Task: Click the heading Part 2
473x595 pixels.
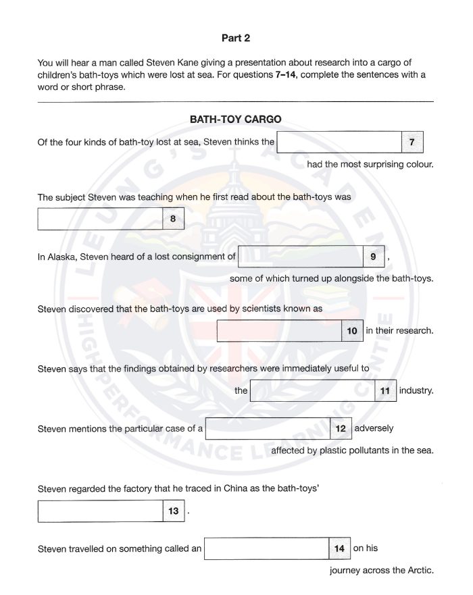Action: point(236,38)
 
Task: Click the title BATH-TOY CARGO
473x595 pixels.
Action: point(236,120)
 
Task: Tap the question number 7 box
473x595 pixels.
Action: point(412,142)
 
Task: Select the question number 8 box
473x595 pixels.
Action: point(173,219)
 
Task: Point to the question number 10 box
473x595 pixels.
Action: point(352,331)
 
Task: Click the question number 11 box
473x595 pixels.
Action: point(385,391)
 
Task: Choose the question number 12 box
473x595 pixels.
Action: point(340,428)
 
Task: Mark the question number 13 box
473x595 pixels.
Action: point(174,511)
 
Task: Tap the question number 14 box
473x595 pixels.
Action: point(339,548)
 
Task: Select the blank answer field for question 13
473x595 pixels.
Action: point(100,511)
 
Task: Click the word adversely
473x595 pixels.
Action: point(374,428)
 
